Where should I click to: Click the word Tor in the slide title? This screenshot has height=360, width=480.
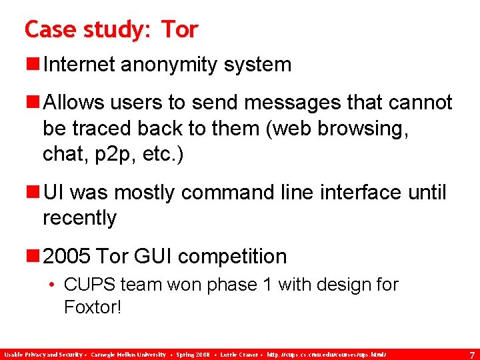179,29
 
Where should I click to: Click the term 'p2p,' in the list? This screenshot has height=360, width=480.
110,154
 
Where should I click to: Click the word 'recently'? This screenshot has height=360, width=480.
79,218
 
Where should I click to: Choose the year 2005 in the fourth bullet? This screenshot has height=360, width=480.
67,256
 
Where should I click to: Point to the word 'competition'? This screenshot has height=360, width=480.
234,256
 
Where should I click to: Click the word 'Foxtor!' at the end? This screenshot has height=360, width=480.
93,307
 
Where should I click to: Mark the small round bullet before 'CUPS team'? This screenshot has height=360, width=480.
53,285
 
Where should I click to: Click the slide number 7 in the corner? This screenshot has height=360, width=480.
471,355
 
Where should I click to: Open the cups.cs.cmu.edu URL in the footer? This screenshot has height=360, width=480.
326,355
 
